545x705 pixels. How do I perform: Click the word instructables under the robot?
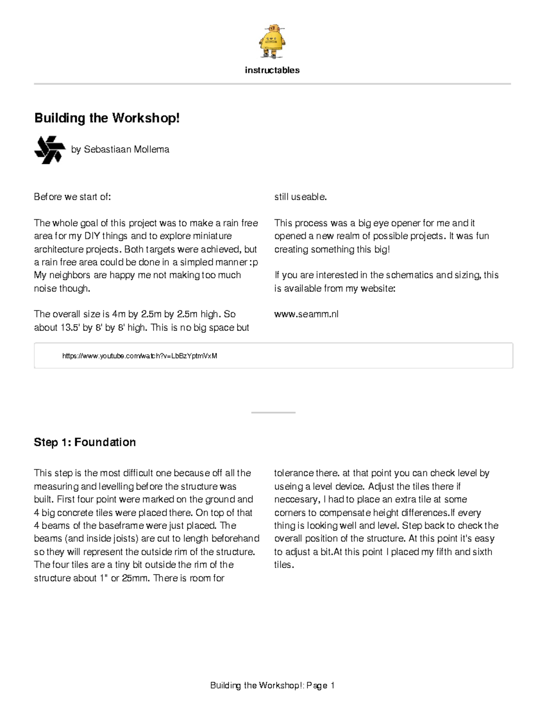click(272, 70)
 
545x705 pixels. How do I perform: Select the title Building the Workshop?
click(107, 118)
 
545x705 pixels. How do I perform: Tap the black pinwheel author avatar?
click(48, 150)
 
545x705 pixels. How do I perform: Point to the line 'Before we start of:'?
click(73, 197)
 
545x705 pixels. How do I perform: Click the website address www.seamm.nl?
click(306, 314)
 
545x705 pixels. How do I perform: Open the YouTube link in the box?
click(140, 356)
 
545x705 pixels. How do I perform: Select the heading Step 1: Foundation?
click(85, 443)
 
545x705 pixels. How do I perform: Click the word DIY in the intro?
click(92, 236)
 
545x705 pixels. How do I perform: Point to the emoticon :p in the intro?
click(254, 262)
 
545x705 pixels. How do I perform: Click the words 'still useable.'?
click(301, 197)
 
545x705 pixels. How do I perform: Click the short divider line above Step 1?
click(273, 413)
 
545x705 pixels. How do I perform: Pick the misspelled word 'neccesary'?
click(296, 499)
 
